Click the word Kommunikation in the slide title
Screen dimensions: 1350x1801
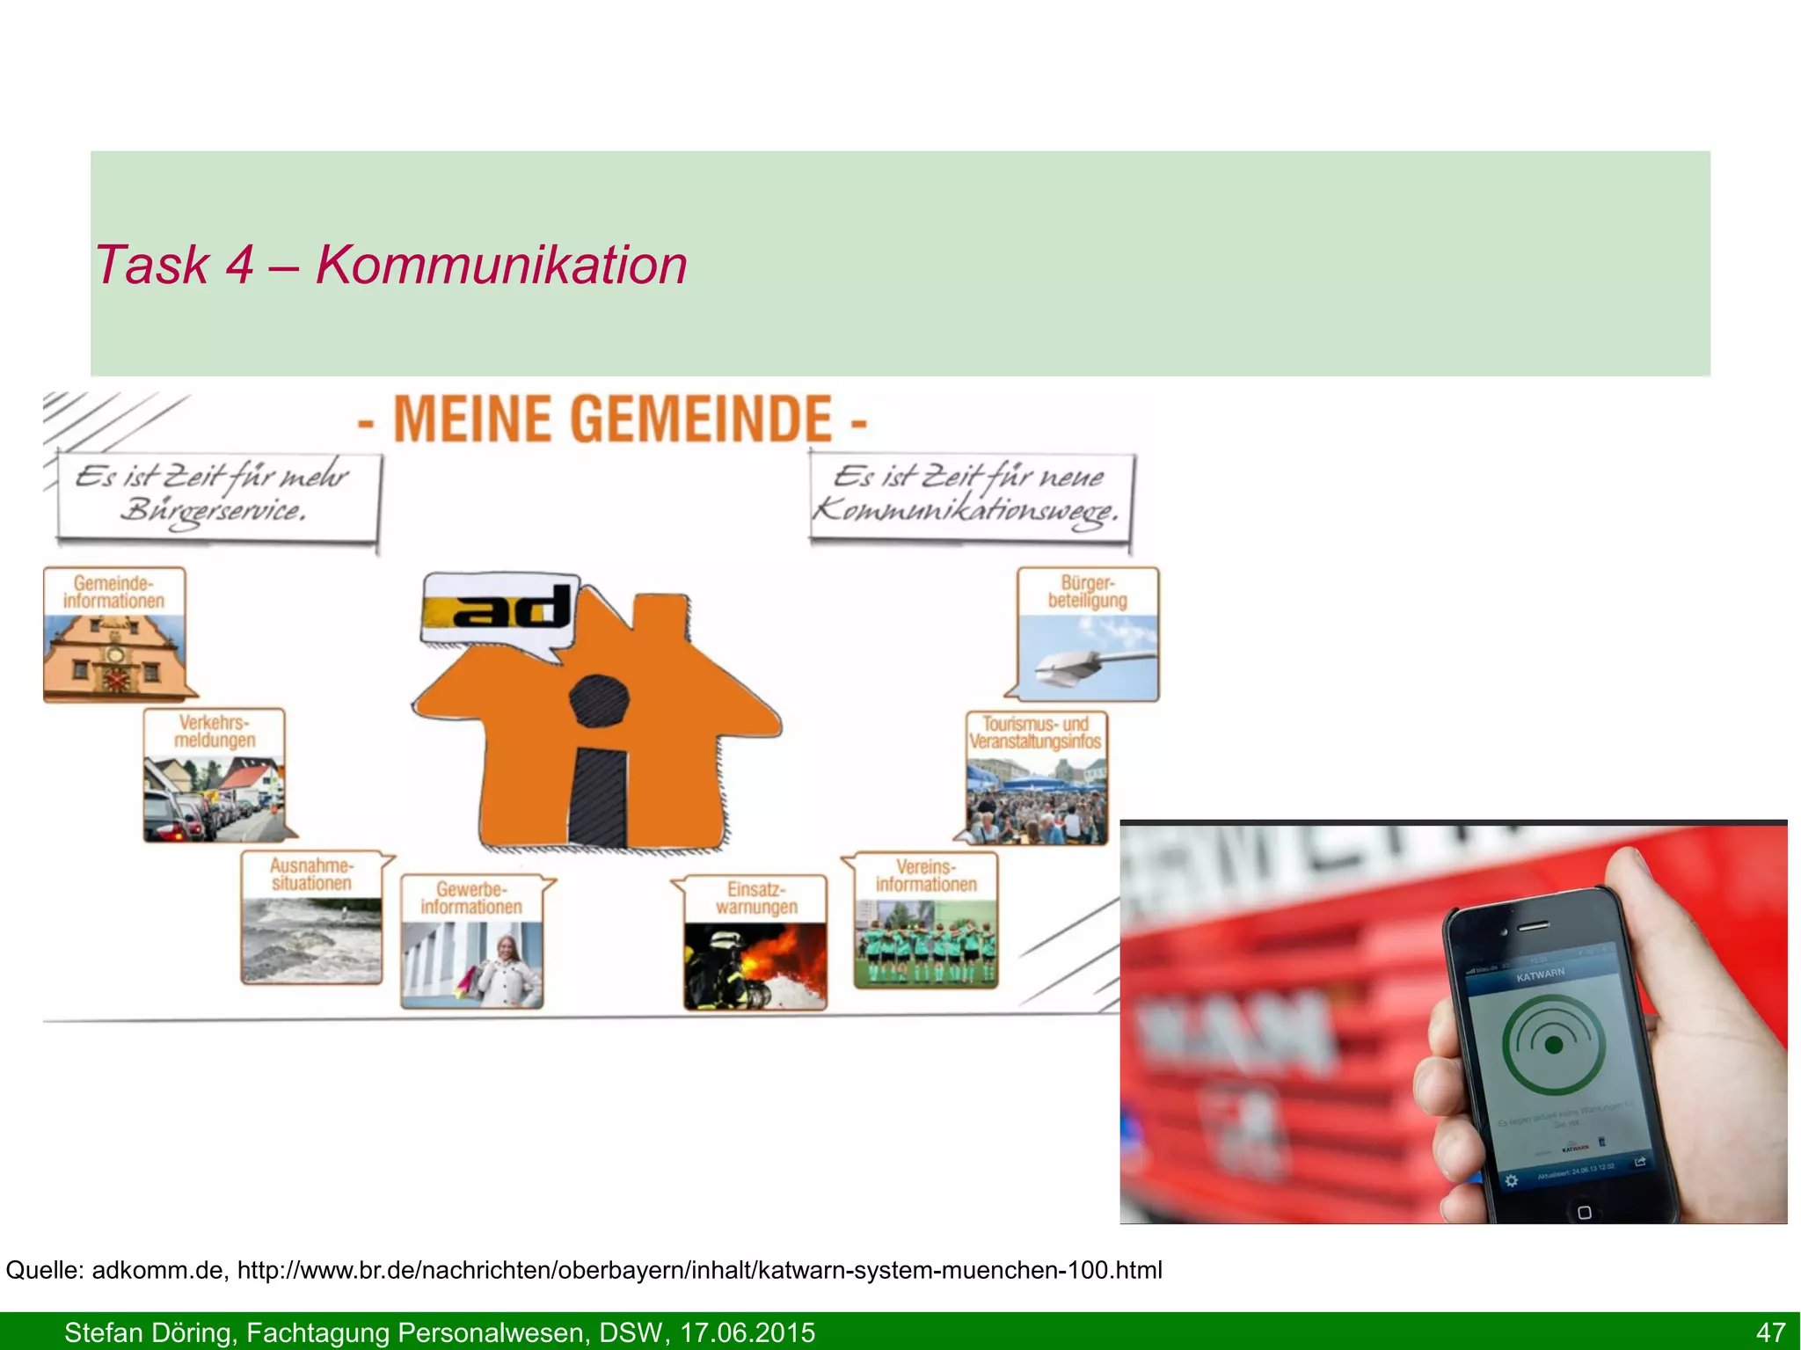coord(501,265)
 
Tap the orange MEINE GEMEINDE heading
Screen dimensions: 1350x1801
coord(612,420)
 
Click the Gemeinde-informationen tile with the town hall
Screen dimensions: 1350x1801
coord(114,634)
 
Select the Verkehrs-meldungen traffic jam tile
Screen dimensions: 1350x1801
coord(215,776)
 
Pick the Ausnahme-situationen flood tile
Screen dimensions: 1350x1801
coord(311,917)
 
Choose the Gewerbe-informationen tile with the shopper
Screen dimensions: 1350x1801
coord(471,941)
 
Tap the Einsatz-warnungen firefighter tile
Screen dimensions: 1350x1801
coord(755,942)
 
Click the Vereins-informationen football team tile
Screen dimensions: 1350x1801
coord(926,920)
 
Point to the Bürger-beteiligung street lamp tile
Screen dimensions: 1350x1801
coord(1088,634)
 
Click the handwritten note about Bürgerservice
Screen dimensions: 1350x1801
coord(216,495)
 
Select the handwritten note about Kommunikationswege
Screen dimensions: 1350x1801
coord(970,495)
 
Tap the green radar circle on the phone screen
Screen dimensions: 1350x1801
coord(1553,1044)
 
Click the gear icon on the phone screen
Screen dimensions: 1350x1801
coord(1511,1180)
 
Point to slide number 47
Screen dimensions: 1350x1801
coord(1770,1332)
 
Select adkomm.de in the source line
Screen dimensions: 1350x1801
coord(157,1270)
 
